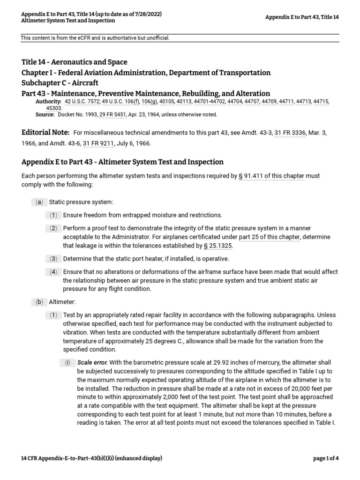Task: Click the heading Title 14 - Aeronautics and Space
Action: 75,62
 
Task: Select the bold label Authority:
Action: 48,101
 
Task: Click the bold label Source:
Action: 45,114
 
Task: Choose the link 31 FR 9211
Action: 98,143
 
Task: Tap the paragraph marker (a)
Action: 39,202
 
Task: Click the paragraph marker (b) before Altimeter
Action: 39,302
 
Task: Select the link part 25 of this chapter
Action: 269,237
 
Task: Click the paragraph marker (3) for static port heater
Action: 54,259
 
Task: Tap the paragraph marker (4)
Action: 54,272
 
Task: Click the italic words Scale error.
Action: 92,363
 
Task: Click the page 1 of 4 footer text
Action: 326,458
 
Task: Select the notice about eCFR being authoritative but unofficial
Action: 95,38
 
